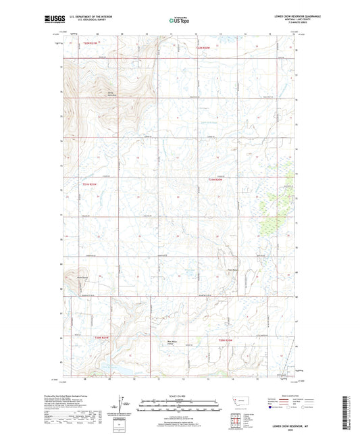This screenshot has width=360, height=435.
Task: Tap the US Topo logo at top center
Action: (179, 21)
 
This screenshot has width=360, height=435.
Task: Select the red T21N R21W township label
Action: (91, 184)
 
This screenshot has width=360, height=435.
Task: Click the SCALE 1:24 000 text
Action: (179, 396)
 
